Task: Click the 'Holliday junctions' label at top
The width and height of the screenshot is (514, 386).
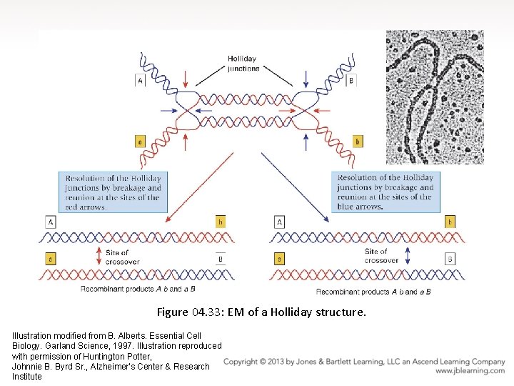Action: [243, 64]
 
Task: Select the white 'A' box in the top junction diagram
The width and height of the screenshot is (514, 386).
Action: [140, 81]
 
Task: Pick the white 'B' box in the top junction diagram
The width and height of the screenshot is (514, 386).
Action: [351, 81]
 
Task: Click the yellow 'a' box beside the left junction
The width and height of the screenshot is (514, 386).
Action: [140, 142]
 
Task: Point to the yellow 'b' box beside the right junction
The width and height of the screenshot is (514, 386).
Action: [357, 142]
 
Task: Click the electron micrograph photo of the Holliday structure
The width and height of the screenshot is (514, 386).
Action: [435, 96]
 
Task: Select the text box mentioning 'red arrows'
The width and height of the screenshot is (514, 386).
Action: [113, 192]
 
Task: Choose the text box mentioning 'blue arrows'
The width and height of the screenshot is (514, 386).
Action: [385, 192]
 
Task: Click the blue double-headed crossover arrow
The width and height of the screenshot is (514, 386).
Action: [408, 257]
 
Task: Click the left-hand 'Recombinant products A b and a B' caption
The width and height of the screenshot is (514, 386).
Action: [138, 289]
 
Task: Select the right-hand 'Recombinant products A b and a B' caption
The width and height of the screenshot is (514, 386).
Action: [373, 291]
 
